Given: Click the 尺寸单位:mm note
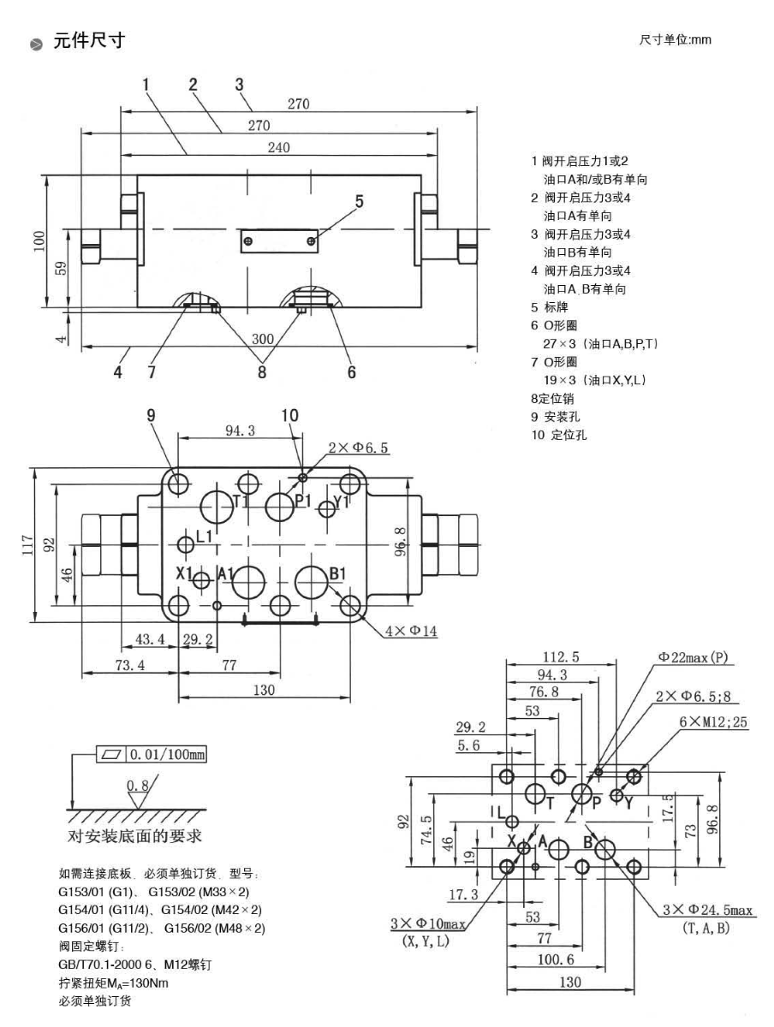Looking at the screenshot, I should [x=676, y=40].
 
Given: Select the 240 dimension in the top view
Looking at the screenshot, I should [x=278, y=146].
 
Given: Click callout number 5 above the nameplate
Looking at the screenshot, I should [x=360, y=202].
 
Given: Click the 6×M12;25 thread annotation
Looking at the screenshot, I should [x=713, y=721].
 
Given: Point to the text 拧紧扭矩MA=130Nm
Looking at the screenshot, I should [x=114, y=982].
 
